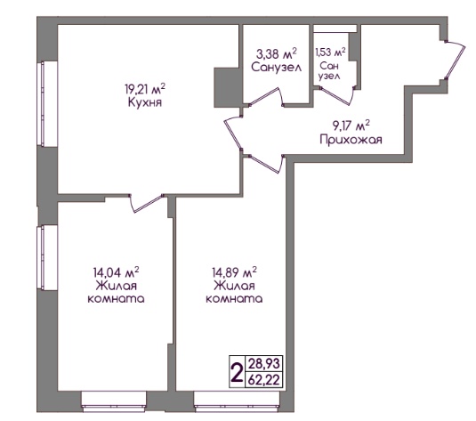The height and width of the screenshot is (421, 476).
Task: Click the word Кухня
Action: tap(145, 102)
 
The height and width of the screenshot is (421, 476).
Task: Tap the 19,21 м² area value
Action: tap(145, 89)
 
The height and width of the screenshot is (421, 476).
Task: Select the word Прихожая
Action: tap(351, 140)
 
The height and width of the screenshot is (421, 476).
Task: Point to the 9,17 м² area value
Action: tap(351, 125)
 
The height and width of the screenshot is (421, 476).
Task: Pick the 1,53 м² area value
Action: tap(330, 52)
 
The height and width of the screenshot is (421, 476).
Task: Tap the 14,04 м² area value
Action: tap(116, 272)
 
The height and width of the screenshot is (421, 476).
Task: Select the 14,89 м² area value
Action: tap(234, 272)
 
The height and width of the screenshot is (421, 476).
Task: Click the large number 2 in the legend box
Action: tap(237, 372)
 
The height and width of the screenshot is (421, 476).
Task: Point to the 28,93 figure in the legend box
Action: tap(263, 363)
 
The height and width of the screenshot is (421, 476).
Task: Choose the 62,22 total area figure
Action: tap(263, 380)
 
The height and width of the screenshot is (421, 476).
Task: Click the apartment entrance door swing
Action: tap(455, 60)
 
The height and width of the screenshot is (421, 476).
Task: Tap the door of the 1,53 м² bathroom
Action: tap(337, 95)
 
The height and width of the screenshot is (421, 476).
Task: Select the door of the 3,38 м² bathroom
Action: tap(267, 98)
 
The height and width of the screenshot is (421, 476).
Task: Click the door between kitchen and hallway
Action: tap(233, 133)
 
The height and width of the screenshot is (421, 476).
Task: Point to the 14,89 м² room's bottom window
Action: tap(237, 401)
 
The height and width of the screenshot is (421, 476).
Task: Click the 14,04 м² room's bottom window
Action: tap(114, 401)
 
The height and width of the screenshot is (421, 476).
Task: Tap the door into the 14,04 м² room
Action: tap(147, 203)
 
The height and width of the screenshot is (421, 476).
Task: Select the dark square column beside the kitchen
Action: tap(227, 87)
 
